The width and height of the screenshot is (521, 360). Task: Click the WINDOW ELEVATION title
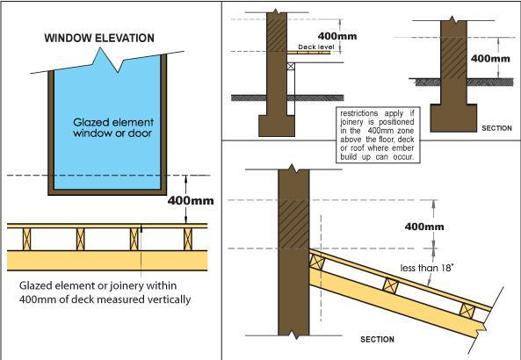(x=99, y=38)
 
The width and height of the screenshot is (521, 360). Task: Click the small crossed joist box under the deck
(x=291, y=66)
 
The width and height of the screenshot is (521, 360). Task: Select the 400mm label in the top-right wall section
(x=490, y=59)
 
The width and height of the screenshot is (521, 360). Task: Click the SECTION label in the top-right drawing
(x=496, y=128)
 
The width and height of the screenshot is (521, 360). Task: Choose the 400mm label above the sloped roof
(x=424, y=227)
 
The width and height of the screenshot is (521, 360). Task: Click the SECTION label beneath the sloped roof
(x=377, y=339)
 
